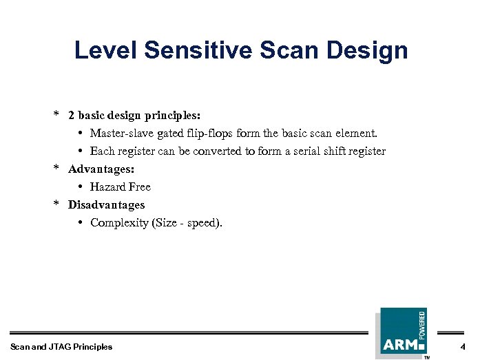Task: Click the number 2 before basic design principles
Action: pyautogui.click(x=71, y=115)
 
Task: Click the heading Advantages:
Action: pyautogui.click(x=101, y=169)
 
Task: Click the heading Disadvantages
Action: pyautogui.click(x=106, y=204)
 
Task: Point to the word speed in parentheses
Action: pyautogui.click(x=203, y=222)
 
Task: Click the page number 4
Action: pyautogui.click(x=463, y=346)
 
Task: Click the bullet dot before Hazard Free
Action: pyautogui.click(x=81, y=187)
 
